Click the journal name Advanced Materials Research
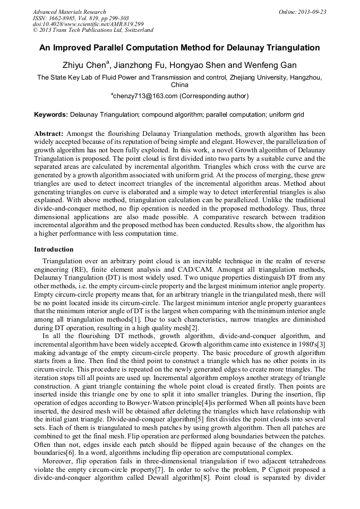click(x=69, y=12)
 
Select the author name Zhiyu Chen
click(x=85, y=65)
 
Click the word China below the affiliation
click(x=179, y=84)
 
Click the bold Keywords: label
click(x=51, y=115)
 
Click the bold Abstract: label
click(x=49, y=133)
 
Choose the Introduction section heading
click(x=54, y=249)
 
